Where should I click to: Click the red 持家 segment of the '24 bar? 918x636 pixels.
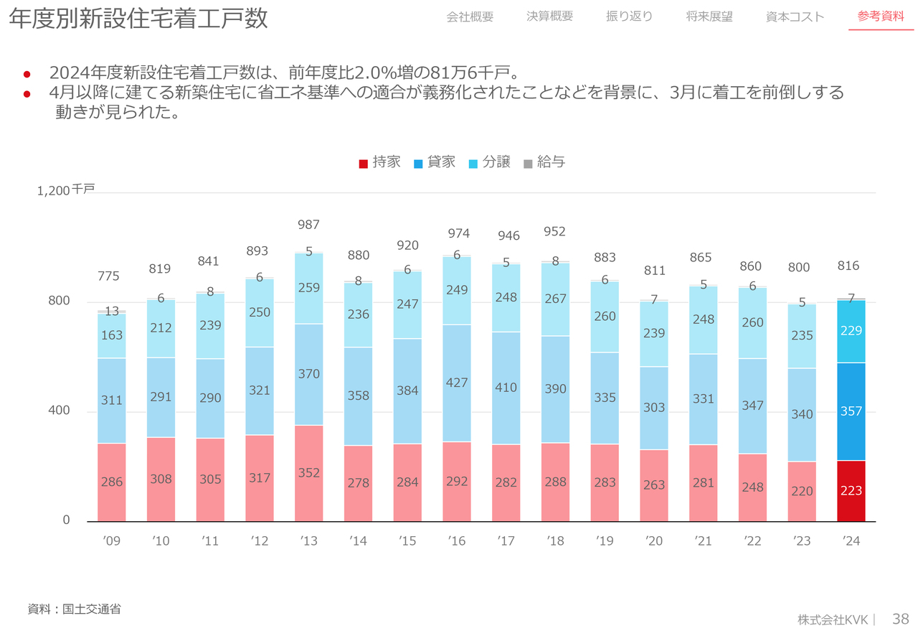pos(851,491)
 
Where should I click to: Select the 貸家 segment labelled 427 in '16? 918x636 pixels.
pos(457,383)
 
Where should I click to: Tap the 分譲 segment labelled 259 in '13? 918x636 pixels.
pos(309,288)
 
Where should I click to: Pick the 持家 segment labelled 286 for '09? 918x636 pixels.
pos(111,482)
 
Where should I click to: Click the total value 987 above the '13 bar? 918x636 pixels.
pos(309,225)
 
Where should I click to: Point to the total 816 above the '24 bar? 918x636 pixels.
pos(848,266)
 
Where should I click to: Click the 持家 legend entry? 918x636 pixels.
pos(380,162)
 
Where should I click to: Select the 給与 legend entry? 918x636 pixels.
pos(544,162)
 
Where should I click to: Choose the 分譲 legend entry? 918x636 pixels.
pos(490,162)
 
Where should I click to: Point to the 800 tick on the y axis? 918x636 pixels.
pos(59,301)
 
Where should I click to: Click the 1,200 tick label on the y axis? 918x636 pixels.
pos(54,190)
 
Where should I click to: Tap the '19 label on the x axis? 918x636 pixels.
pos(605,541)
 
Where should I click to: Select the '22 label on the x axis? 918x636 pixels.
pos(752,541)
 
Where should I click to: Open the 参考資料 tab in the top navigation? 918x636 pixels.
pos(881,17)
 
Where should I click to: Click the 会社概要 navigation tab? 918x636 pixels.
pos(470,17)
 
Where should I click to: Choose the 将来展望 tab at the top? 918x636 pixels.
pos(709,17)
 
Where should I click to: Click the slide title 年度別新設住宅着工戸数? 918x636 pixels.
pos(138,19)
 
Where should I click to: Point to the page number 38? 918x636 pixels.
pos(901,619)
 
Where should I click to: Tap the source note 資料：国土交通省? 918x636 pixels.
pos(74,609)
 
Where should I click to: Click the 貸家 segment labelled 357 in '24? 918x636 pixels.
pos(851,411)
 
